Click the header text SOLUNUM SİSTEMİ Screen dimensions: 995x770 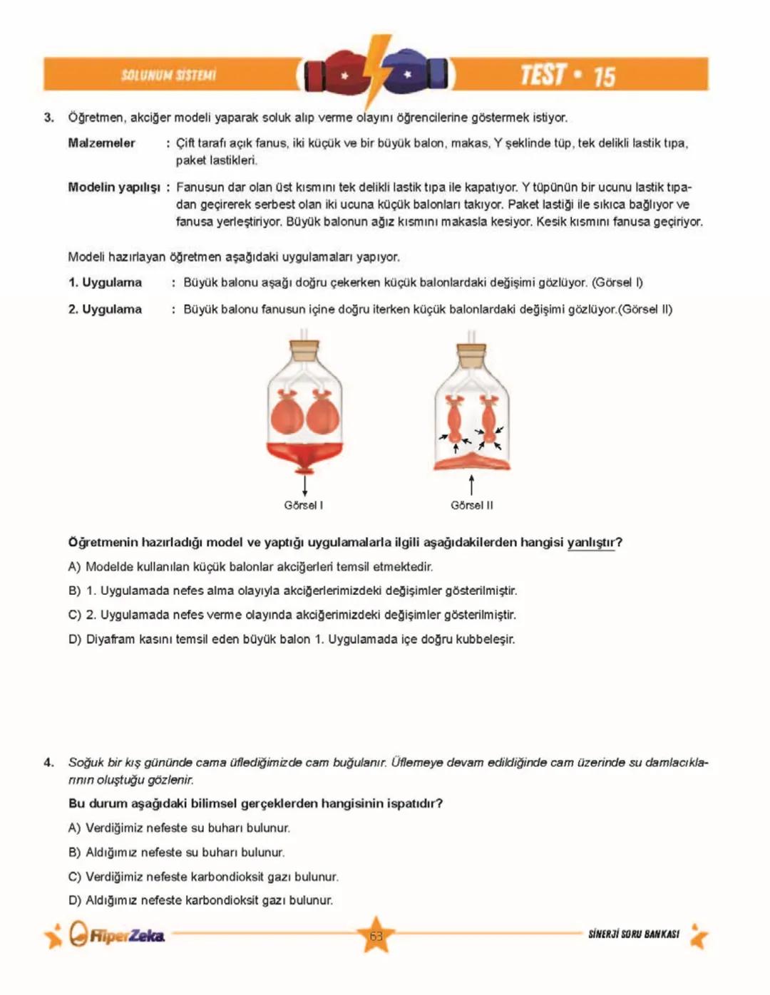[168, 75]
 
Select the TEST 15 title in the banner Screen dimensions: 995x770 [567, 75]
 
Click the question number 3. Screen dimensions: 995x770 [48, 118]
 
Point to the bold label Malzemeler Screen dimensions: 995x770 [101, 143]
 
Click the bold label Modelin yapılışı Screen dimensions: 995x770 [114, 187]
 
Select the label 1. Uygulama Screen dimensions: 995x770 [105, 283]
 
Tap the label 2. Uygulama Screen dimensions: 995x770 [105, 310]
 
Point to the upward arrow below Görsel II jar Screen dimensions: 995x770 [471, 485]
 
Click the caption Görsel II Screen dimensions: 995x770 [471, 506]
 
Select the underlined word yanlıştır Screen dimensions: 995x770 [591, 543]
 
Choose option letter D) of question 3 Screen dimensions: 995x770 [75, 640]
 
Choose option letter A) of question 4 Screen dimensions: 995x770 [75, 828]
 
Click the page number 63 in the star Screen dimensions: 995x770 [376, 936]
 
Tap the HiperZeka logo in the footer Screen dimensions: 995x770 [118, 935]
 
